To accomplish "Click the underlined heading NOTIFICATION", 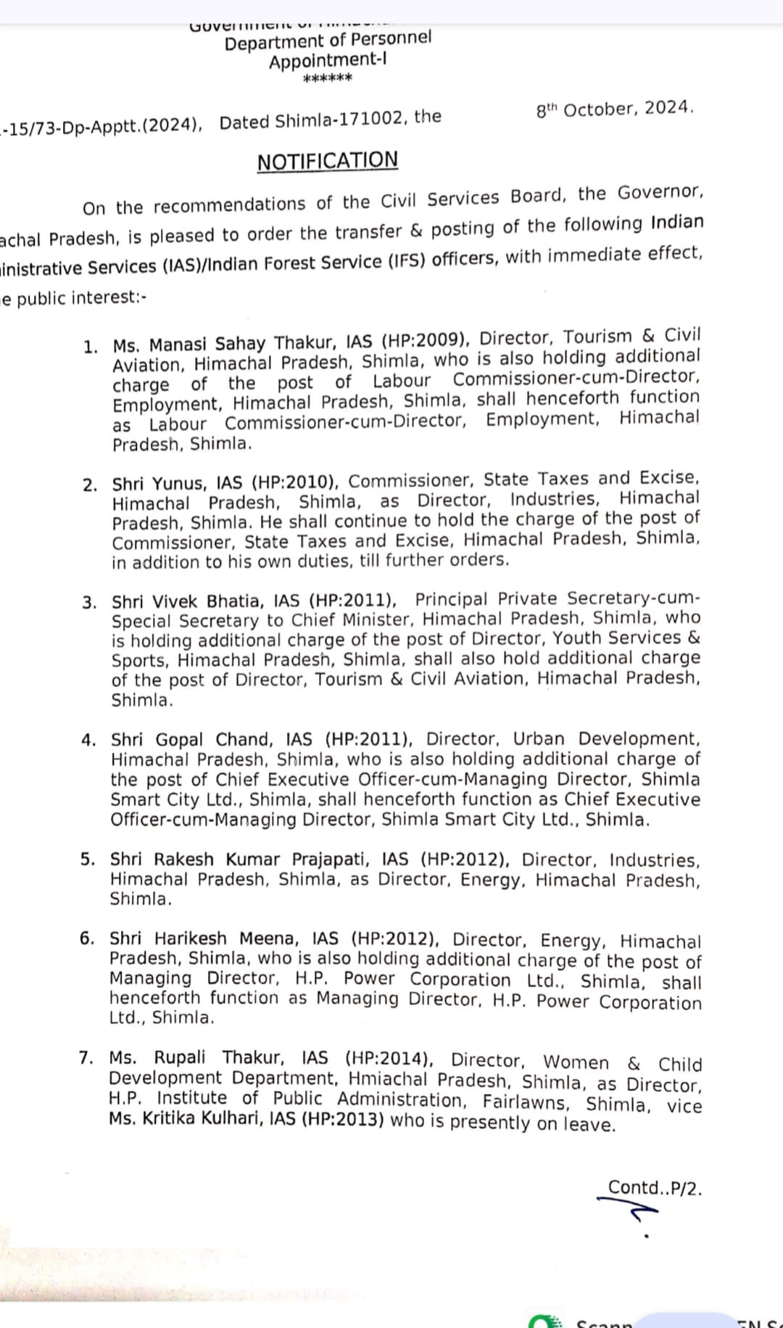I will (x=328, y=160).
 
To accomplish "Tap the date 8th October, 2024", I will (x=615, y=109).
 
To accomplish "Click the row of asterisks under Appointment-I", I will (x=327, y=78).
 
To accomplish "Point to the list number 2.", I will (x=90, y=485).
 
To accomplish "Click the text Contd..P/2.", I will (x=654, y=1188).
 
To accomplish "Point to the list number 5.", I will (x=88, y=859).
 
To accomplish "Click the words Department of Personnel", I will (x=328, y=41).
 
